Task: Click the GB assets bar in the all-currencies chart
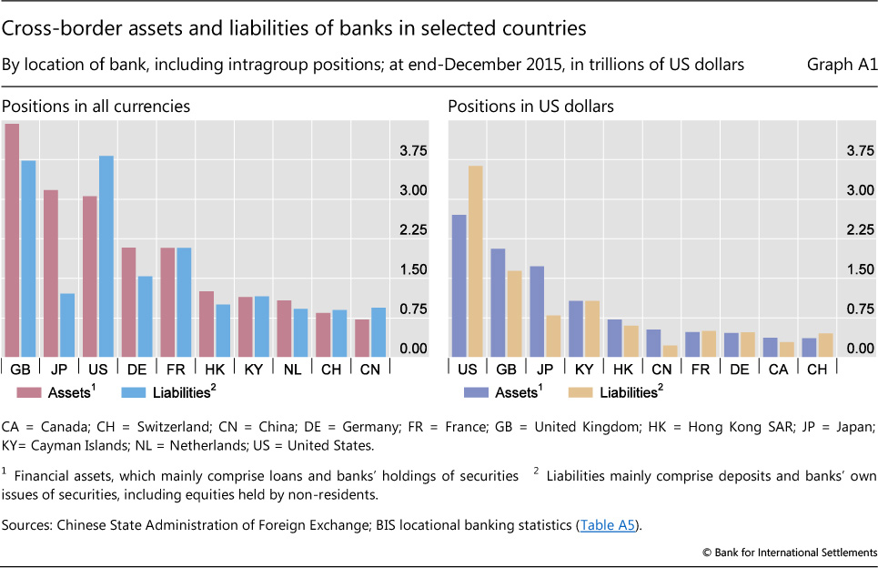[12, 240]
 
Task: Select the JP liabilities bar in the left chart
[67, 325]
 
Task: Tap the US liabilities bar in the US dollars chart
[475, 261]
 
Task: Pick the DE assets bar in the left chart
[129, 302]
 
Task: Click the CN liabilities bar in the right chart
[671, 351]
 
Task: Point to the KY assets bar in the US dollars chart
[575, 329]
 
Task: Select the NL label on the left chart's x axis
[292, 369]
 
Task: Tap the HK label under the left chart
[215, 369]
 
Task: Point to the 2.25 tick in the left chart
[408, 230]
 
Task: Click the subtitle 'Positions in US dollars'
[530, 106]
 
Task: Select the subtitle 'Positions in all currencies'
[96, 106]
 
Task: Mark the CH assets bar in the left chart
[323, 335]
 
